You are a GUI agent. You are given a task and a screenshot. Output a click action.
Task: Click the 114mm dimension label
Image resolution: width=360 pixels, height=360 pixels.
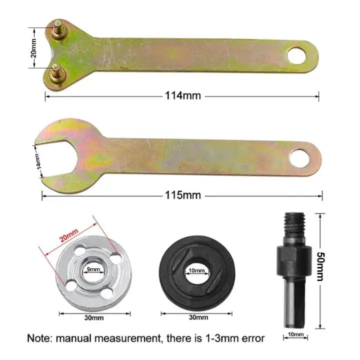tap(183, 95)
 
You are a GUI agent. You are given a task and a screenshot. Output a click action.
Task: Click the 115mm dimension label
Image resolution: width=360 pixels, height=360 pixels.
tap(182, 195)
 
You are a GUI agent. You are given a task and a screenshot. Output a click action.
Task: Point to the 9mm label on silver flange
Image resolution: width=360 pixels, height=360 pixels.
tap(92, 270)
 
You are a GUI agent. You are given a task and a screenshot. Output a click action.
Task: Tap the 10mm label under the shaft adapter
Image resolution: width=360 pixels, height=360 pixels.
tap(295, 334)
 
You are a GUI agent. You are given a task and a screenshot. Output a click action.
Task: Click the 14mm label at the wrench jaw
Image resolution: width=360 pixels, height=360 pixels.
tap(38, 161)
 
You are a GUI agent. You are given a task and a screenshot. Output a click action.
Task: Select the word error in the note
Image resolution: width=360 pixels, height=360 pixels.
tap(250, 338)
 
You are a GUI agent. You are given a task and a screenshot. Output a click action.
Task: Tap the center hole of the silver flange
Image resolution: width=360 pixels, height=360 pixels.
tap(92, 274)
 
